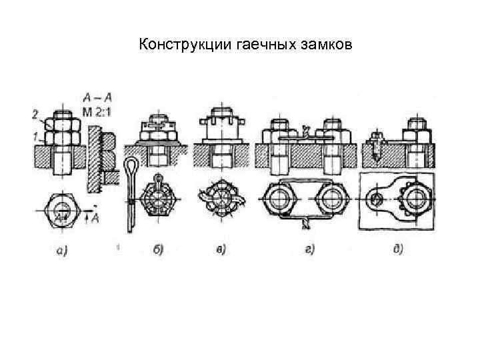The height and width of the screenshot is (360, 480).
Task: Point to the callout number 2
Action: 34,114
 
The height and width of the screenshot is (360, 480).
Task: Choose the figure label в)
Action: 219,250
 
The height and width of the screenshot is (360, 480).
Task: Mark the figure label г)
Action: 309,250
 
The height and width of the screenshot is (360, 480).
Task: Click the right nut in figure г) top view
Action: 333,199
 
